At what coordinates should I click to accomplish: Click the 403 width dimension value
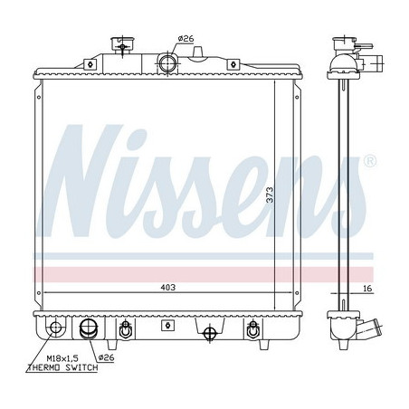click(167, 288)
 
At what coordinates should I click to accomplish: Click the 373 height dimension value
click(271, 195)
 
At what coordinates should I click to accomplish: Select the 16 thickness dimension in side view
click(367, 289)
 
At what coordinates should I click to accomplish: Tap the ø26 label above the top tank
click(185, 39)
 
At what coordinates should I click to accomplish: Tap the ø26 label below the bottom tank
click(107, 357)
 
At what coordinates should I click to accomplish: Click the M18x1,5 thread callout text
click(62, 358)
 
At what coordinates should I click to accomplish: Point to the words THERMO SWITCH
click(62, 367)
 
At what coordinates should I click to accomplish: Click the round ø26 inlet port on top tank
click(167, 63)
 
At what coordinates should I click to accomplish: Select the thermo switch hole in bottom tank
click(55, 328)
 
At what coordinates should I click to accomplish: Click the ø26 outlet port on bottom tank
click(89, 328)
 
